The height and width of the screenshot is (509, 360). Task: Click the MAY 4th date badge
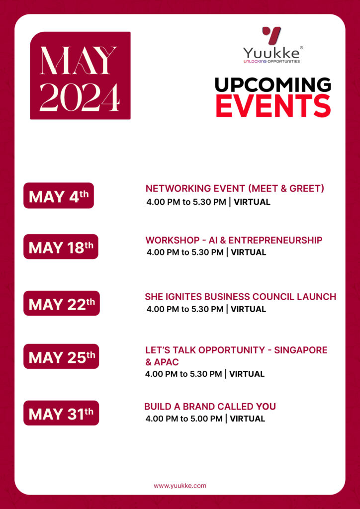tap(59, 196)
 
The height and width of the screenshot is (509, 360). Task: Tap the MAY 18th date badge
tap(61, 247)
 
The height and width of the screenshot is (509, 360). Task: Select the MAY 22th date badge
tap(62, 304)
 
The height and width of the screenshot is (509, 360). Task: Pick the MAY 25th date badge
tap(61, 356)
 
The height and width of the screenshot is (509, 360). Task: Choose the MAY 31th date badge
tap(61, 413)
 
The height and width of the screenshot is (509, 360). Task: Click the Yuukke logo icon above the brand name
tap(271, 35)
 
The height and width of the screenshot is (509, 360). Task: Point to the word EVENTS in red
tap(273, 105)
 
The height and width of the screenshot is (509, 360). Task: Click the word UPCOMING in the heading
tap(273, 85)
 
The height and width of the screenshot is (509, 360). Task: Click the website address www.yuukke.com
tap(180, 486)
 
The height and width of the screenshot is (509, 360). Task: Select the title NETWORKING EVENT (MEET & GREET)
tap(235, 189)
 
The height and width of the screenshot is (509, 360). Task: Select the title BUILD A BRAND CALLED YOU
tap(210, 407)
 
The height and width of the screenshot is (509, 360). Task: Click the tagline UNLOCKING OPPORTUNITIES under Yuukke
tap(271, 62)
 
